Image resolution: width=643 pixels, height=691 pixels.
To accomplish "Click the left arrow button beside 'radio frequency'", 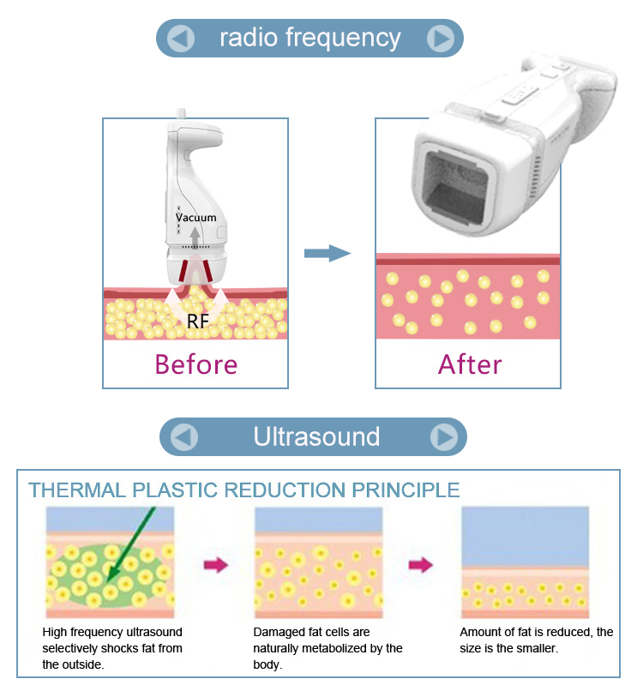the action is pyautogui.click(x=181, y=39).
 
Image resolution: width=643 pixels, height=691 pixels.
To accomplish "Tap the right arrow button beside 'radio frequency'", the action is pyautogui.click(x=441, y=39).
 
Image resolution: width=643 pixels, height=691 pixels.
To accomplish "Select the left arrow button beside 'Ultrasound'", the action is pyautogui.click(x=184, y=436).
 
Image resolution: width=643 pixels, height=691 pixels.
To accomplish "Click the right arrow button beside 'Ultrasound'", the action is pyautogui.click(x=444, y=436).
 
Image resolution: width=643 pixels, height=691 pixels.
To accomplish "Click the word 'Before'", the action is pyautogui.click(x=196, y=364).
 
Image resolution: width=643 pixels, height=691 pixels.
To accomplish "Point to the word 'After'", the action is pyautogui.click(x=470, y=364).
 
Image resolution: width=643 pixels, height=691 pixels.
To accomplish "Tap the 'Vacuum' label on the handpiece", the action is pyautogui.click(x=196, y=217).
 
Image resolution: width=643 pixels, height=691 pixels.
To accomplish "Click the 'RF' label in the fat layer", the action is pyautogui.click(x=197, y=321).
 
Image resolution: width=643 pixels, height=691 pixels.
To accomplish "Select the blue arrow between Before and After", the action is pyautogui.click(x=328, y=254).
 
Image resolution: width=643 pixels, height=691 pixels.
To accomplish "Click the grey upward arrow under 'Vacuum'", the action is pyautogui.click(x=195, y=237).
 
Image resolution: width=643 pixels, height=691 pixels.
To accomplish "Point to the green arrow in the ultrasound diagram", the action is pyautogui.click(x=131, y=544).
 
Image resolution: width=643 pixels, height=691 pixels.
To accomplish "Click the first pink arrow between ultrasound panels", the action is pyautogui.click(x=216, y=565).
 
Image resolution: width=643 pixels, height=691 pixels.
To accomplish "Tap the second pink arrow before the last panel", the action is pyautogui.click(x=421, y=565).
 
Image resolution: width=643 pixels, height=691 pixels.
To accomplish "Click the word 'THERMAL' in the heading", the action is pyautogui.click(x=77, y=490).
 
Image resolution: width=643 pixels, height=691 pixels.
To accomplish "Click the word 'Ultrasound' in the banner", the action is pyautogui.click(x=316, y=436).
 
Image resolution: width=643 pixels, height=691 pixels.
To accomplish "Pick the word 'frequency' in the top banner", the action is pyautogui.click(x=343, y=39).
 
